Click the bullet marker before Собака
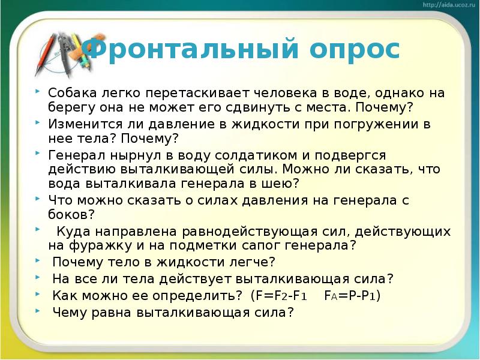[38, 91]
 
